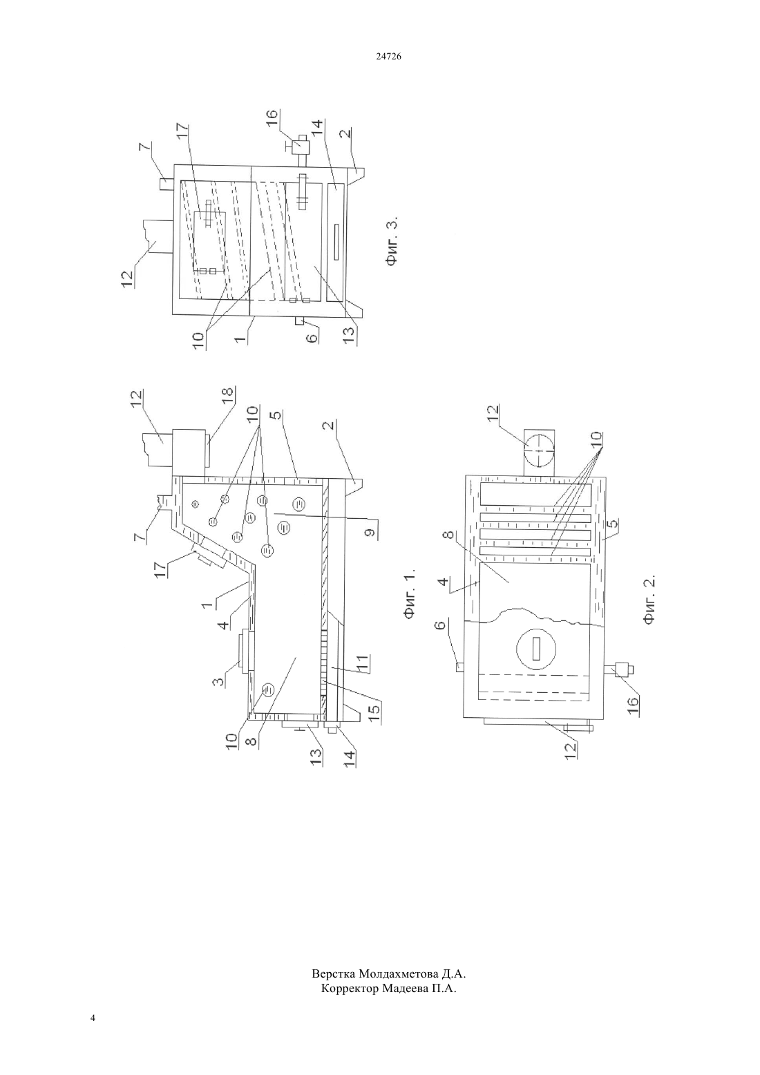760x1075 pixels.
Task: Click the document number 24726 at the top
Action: pos(388,57)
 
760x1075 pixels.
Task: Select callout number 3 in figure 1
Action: pos(218,681)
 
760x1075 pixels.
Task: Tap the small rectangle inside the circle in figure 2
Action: pos(536,650)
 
